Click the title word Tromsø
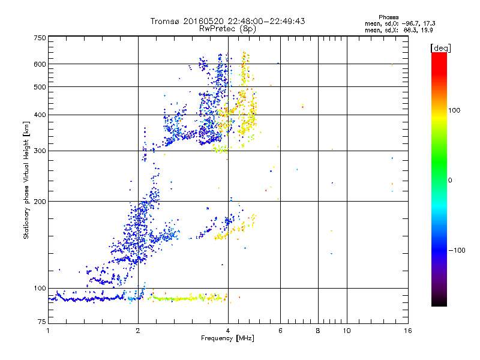tap(166, 21)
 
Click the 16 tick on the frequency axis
tap(407, 331)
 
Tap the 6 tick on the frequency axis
tap(281, 331)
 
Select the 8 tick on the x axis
tap(318, 331)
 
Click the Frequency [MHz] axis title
tap(227, 339)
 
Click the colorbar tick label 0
tap(450, 180)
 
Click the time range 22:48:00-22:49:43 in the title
tap(266, 21)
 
